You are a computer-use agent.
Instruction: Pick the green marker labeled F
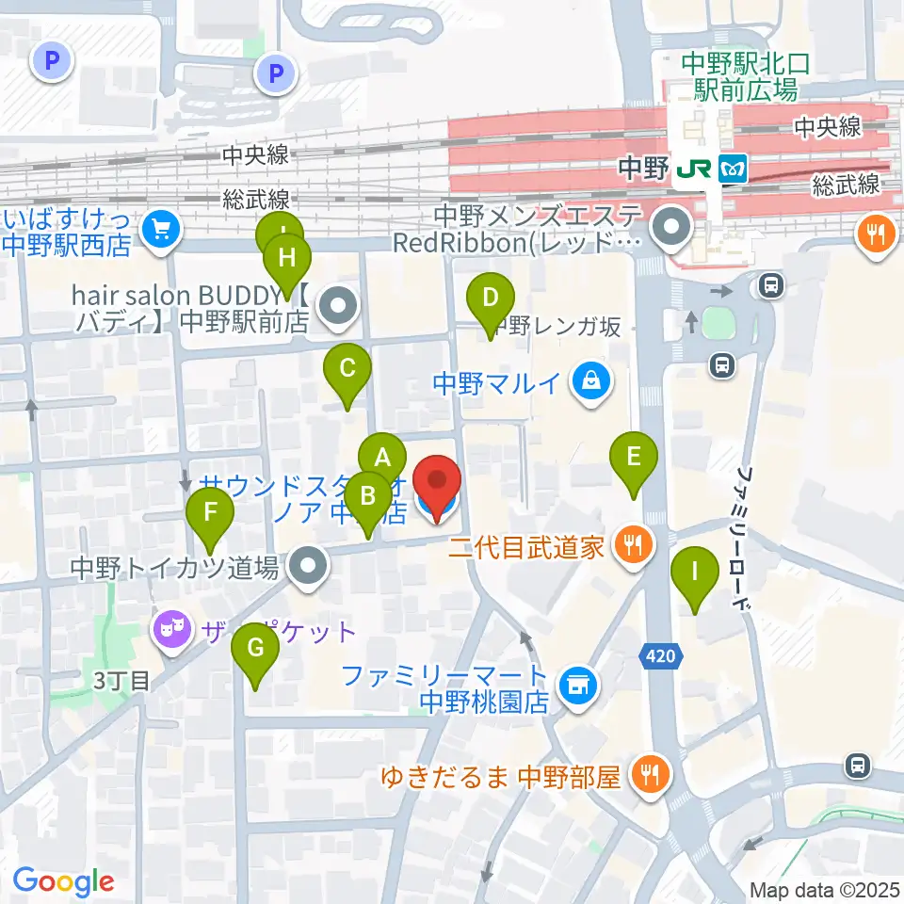click(x=210, y=514)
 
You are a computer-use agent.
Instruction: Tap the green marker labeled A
click(x=382, y=459)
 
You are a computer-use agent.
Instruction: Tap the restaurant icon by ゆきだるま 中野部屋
click(x=650, y=775)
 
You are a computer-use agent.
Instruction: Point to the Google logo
click(x=64, y=881)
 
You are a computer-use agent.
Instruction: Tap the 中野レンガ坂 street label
click(x=559, y=328)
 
